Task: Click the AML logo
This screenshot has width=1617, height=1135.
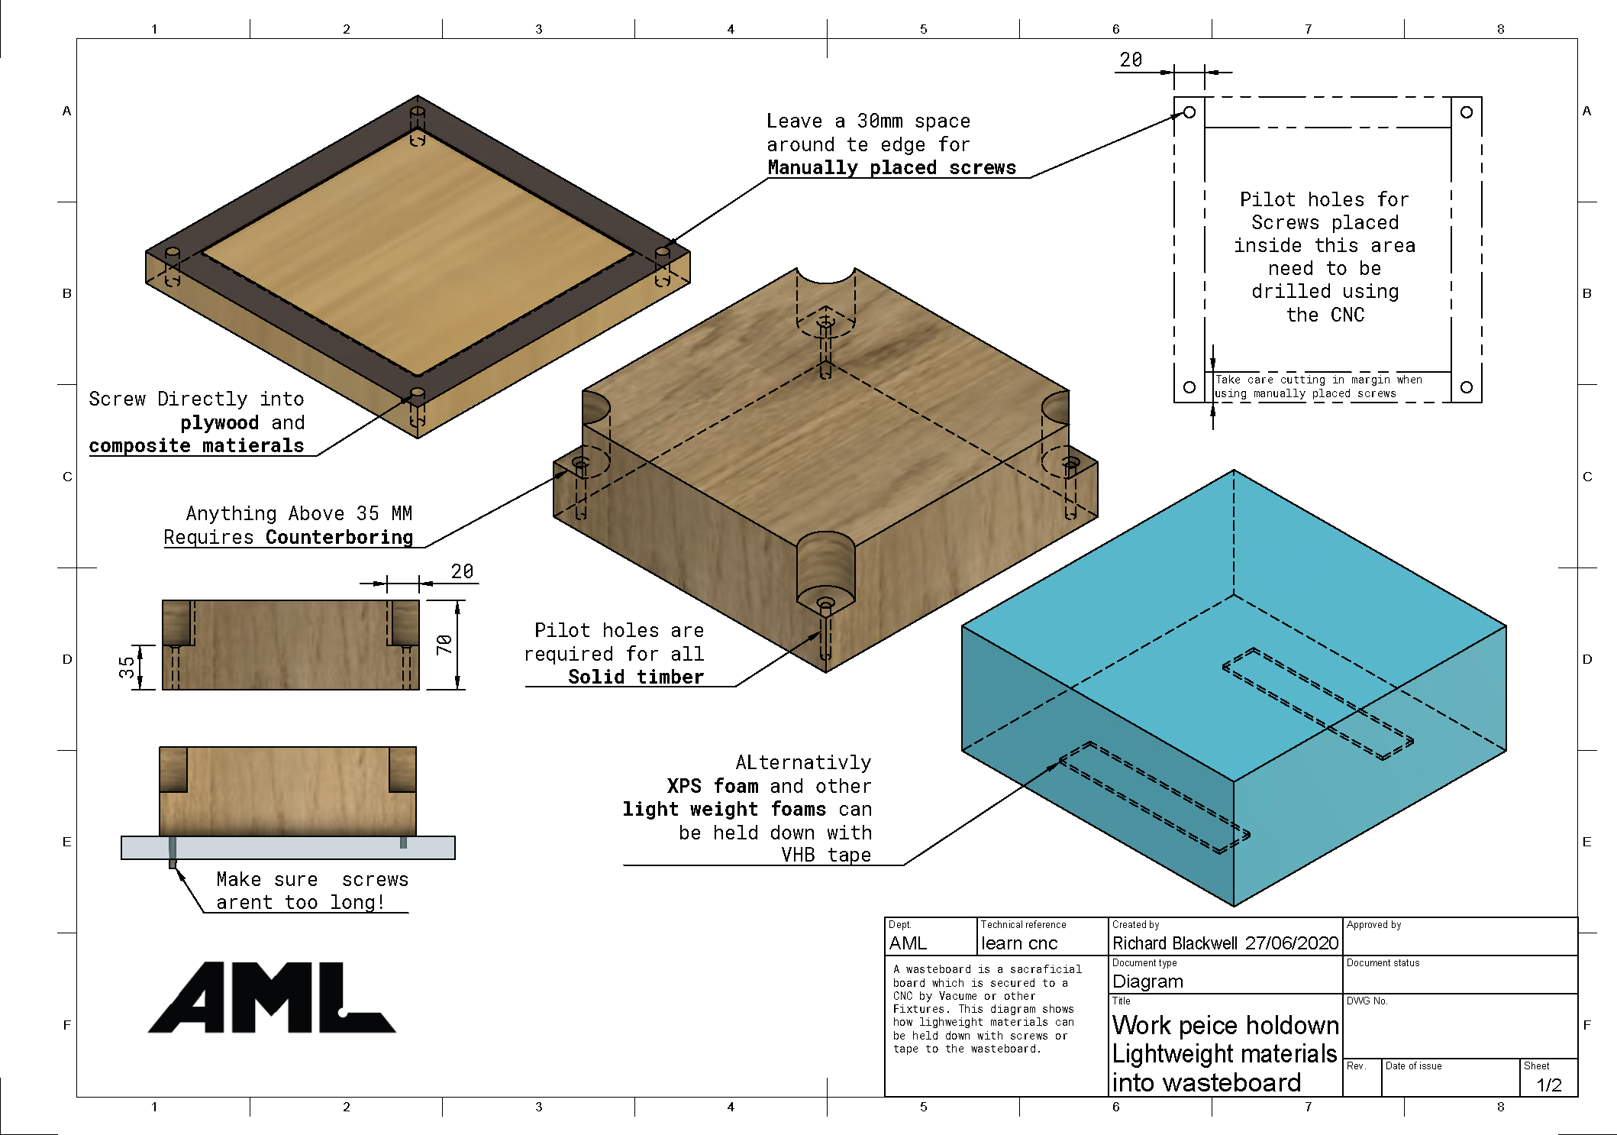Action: click(271, 998)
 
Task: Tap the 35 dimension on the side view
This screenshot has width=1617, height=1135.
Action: click(127, 667)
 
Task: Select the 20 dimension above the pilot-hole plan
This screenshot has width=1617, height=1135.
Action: click(1131, 60)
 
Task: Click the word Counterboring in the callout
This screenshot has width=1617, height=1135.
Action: click(339, 537)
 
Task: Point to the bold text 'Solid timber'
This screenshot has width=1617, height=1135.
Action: click(635, 677)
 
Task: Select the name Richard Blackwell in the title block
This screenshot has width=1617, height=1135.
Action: click(1175, 943)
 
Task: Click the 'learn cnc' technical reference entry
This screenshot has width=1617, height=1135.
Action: click(1019, 943)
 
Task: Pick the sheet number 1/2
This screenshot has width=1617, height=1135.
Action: click(1549, 1085)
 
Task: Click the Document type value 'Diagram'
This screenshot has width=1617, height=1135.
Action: click(1147, 981)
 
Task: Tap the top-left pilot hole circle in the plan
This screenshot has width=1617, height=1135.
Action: click(1189, 112)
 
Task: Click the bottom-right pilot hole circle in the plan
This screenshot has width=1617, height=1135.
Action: click(1467, 387)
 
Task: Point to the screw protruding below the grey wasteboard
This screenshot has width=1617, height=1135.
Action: click(173, 862)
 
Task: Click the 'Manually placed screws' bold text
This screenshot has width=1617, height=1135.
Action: click(892, 168)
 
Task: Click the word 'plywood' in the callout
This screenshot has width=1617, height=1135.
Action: click(220, 422)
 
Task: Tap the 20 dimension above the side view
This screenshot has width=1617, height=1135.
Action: click(462, 571)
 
